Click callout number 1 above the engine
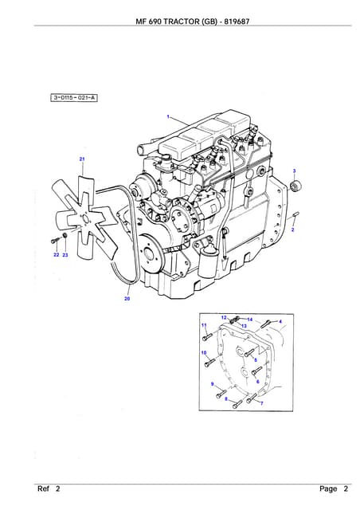[168, 116]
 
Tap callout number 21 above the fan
[82, 159]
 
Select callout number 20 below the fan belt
[127, 298]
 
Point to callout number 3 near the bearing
[295, 171]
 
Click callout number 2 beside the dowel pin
[292, 230]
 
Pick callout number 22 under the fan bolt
[57, 255]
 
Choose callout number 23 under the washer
[65, 255]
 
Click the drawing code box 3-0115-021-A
[74, 97]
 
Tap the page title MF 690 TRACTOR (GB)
[176, 22]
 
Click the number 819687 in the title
[237, 22]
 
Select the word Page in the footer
[328, 488]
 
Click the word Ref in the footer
[43, 488]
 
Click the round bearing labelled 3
[295, 186]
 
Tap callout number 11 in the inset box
[204, 325]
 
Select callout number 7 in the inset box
[262, 404]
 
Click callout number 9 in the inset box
[213, 384]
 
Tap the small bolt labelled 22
[54, 241]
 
